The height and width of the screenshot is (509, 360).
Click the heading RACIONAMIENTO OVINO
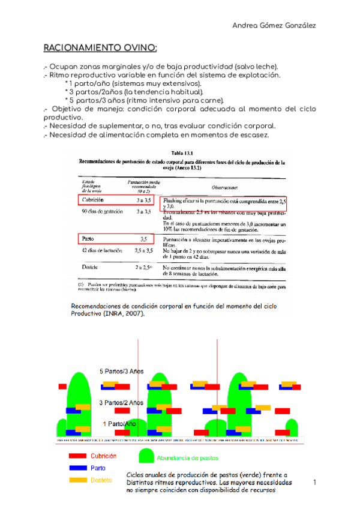tap(101, 47)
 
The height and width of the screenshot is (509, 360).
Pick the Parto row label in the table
tap(88, 239)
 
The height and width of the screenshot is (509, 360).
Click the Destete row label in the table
tap(91, 266)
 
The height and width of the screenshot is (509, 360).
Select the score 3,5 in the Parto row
tap(143, 239)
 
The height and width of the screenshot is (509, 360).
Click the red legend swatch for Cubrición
tap(77, 456)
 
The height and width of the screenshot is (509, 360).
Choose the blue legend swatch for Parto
tap(77, 468)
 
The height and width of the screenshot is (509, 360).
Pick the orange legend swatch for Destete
tap(77, 480)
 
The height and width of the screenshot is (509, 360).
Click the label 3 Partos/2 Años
tap(122, 403)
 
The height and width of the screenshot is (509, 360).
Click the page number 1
tap(314, 482)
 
